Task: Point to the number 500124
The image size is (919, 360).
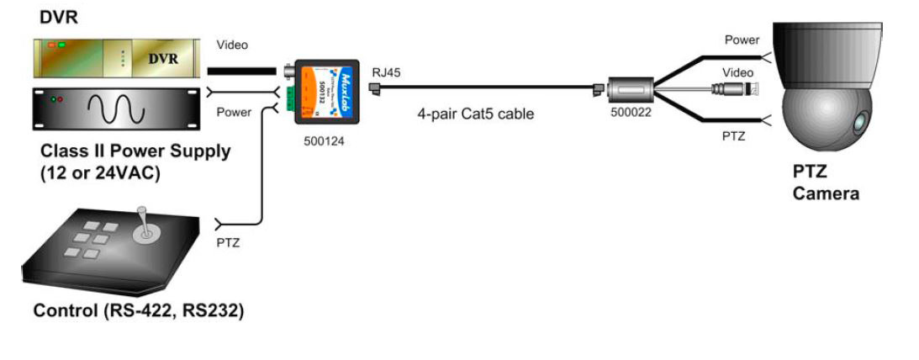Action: [324, 140]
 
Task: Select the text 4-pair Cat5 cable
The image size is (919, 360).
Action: [475, 114]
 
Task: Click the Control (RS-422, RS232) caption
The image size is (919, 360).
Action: [139, 311]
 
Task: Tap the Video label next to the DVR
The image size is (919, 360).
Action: [232, 45]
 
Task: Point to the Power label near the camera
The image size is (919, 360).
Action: [742, 40]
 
